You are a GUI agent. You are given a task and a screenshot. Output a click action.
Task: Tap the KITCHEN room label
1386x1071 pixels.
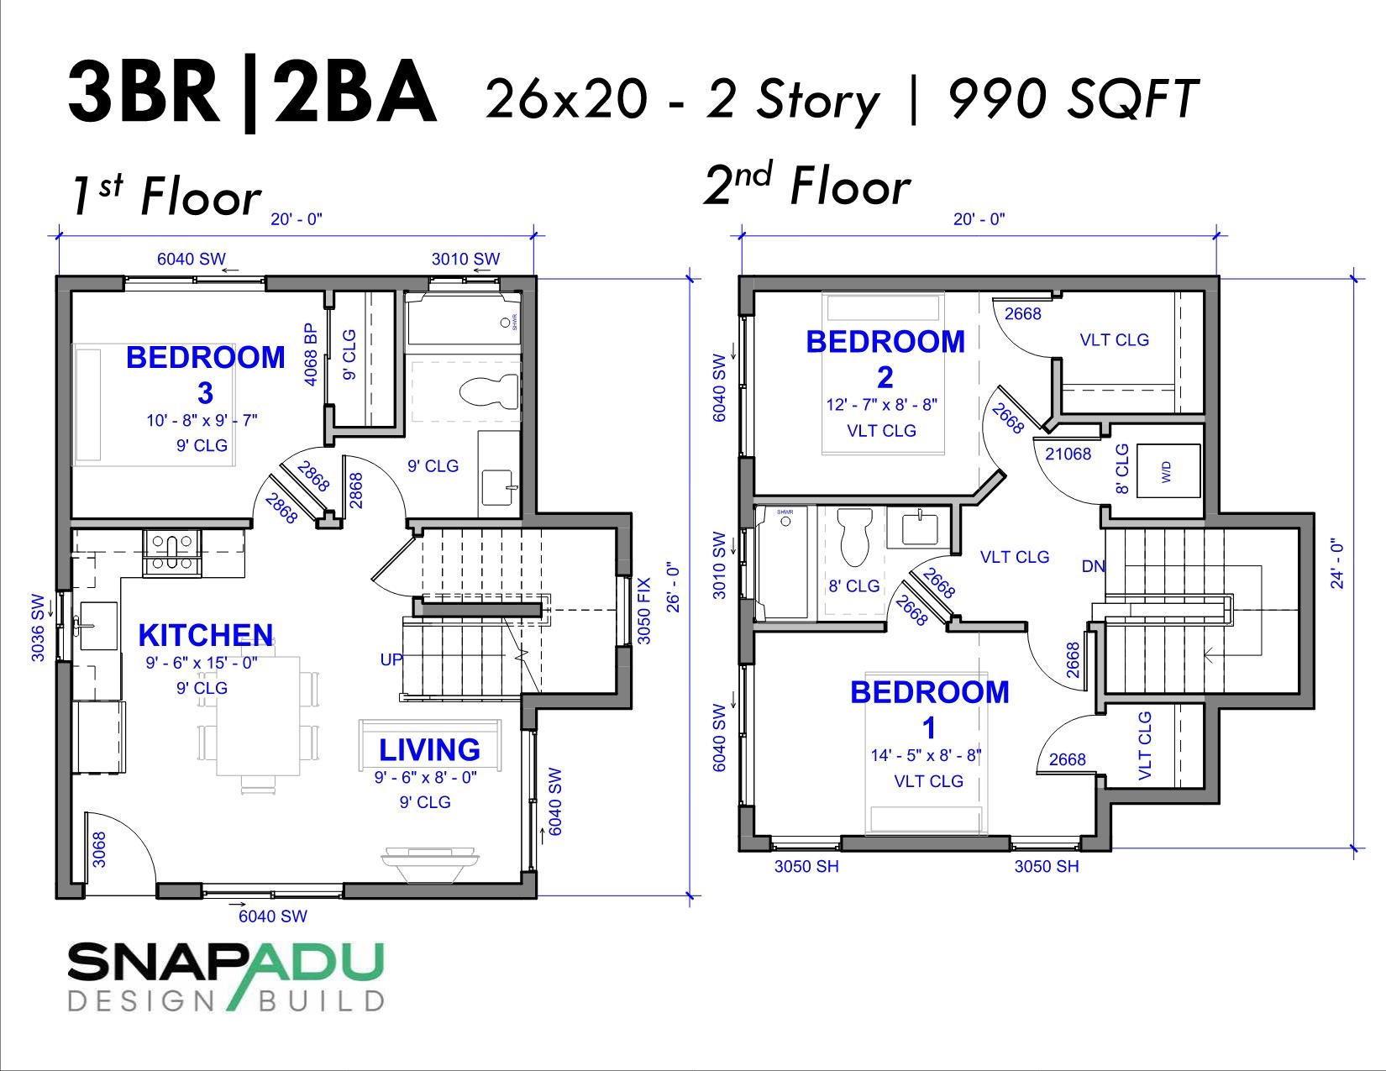(x=205, y=635)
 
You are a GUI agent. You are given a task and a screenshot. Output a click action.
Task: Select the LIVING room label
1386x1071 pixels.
(x=428, y=749)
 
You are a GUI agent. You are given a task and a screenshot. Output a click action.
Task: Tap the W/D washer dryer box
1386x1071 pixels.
(x=1168, y=471)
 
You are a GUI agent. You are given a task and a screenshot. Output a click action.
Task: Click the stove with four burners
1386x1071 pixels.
(x=172, y=553)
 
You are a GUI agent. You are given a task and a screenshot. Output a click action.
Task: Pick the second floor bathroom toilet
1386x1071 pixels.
(x=856, y=537)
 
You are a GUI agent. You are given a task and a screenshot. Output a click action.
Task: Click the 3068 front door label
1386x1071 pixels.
(x=99, y=849)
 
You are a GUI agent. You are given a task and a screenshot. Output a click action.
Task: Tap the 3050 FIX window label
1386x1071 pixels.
(x=644, y=610)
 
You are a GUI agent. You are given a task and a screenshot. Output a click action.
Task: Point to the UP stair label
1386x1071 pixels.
(x=391, y=659)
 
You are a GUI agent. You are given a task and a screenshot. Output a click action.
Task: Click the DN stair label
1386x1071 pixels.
(x=1093, y=566)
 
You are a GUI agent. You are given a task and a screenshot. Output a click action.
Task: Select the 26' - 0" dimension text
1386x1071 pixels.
(x=672, y=587)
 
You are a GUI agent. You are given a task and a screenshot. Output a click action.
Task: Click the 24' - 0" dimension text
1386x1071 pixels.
(x=1337, y=564)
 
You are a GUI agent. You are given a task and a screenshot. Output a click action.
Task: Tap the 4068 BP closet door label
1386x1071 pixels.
(x=311, y=354)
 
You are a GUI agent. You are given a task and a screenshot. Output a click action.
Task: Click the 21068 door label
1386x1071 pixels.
(x=1068, y=454)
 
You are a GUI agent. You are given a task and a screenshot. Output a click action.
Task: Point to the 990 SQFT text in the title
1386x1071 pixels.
(x=1072, y=99)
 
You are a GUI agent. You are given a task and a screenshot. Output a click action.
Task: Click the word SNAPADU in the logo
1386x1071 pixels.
(x=225, y=963)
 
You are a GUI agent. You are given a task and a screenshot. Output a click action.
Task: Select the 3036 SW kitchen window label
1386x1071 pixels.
(x=38, y=627)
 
